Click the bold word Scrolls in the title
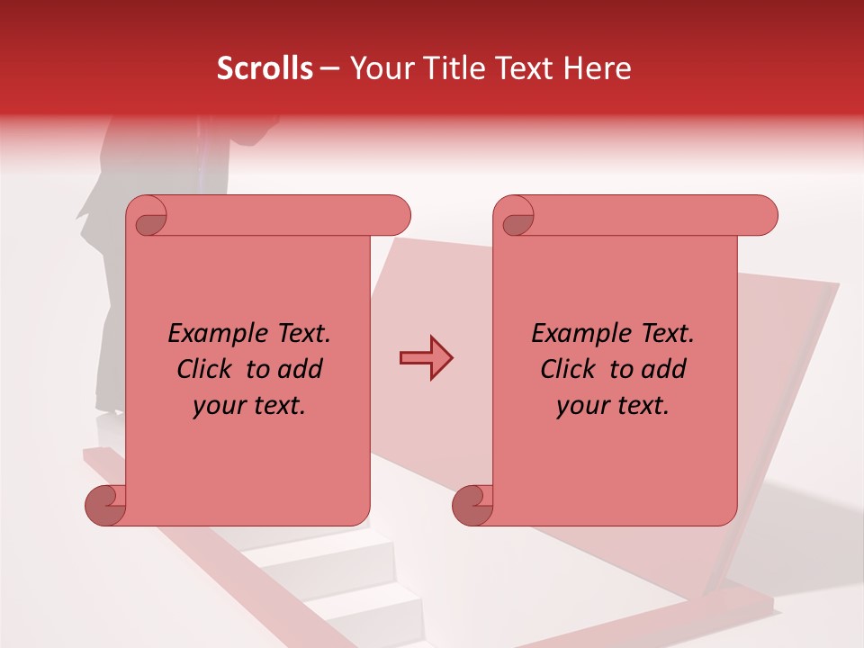(265, 68)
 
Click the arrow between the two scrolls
(426, 358)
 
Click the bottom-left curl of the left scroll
(105, 504)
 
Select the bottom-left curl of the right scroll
(472, 504)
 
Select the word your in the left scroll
(219, 406)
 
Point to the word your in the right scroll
(582, 406)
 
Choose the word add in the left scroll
(301, 370)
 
